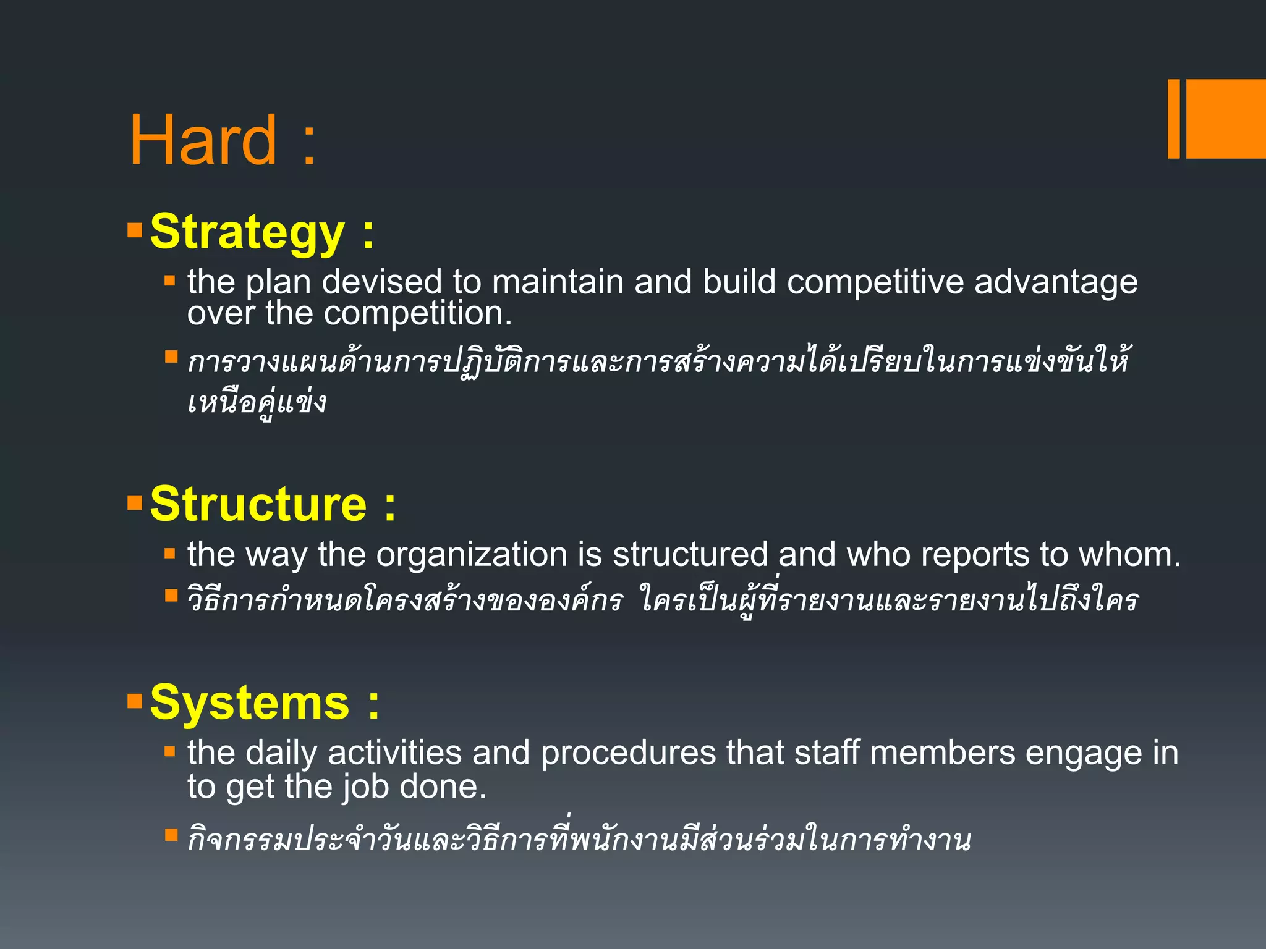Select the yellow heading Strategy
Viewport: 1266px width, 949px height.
tap(247, 232)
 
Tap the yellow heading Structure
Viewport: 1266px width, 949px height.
tap(258, 504)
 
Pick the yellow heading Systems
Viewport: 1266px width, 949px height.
tap(249, 703)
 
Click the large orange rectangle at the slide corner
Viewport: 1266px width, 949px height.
tap(1225, 119)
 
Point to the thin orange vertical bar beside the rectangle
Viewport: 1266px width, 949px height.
tap(1173, 119)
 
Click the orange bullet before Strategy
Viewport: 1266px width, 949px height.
tap(134, 230)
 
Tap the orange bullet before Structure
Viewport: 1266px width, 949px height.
tap(134, 502)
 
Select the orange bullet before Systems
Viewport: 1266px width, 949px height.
tap(134, 701)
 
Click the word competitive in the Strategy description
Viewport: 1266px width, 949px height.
tap(875, 282)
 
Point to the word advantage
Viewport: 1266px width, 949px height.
tap(1055, 282)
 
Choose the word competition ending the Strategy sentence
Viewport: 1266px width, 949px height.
tap(417, 313)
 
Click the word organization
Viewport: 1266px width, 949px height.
tap(472, 554)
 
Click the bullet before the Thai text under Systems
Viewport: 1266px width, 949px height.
tap(171, 835)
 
